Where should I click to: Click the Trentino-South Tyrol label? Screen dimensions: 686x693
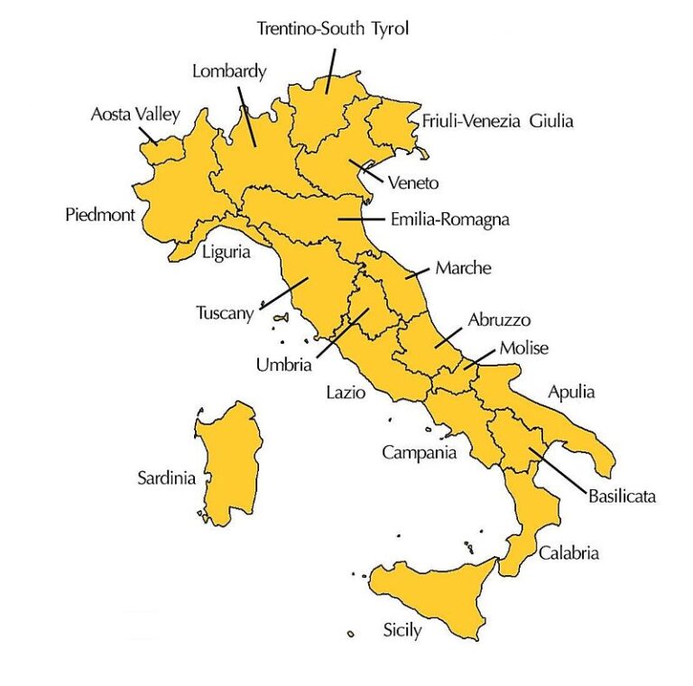(x=333, y=29)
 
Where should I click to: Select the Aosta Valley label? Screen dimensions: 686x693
(x=135, y=115)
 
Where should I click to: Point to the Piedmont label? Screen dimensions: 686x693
(x=100, y=215)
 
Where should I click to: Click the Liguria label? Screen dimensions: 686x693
(x=226, y=252)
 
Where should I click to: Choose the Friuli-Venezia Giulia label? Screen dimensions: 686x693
(x=497, y=121)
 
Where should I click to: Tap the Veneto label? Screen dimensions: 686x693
(x=413, y=183)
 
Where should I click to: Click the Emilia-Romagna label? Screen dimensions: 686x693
(x=449, y=219)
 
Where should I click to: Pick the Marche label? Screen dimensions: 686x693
(x=463, y=268)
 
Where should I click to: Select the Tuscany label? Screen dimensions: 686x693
(x=226, y=313)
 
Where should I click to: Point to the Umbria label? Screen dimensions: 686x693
(x=282, y=366)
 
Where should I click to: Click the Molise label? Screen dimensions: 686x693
(x=524, y=348)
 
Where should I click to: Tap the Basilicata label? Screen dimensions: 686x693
(x=622, y=496)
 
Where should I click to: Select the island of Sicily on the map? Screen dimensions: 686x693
(x=433, y=596)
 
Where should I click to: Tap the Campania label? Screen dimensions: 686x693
(x=419, y=452)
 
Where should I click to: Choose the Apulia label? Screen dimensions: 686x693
(x=572, y=393)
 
